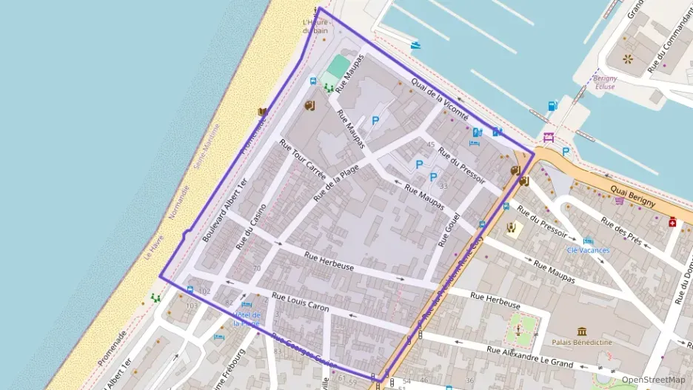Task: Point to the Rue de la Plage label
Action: coord(336,183)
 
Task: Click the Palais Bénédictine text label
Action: coord(580,343)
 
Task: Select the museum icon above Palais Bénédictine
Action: coord(582,331)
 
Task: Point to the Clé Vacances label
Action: coord(588,250)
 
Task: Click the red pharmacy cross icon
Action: coord(673,221)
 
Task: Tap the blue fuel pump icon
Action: coord(552,106)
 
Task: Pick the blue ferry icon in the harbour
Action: coord(416,46)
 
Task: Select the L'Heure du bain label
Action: coord(316,27)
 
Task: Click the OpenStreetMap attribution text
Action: coord(653,380)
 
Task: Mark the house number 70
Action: coord(257,268)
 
